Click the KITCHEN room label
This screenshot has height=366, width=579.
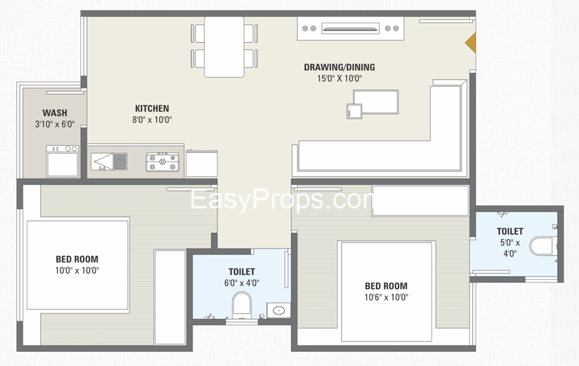152,108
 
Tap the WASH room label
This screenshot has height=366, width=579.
54,113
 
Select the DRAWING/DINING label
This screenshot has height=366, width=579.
339,67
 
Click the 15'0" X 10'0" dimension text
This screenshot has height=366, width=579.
339,78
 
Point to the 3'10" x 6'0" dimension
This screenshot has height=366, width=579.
54,124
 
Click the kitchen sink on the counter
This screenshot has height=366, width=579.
109,161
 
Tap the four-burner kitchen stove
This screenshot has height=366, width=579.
163,161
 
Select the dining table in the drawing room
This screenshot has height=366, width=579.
224,47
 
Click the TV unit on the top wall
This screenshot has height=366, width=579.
351,28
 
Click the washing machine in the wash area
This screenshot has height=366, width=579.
62,161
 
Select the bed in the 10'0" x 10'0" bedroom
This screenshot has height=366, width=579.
77,265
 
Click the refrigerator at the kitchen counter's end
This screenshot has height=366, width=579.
201,164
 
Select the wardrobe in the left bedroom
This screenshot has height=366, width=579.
169,297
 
